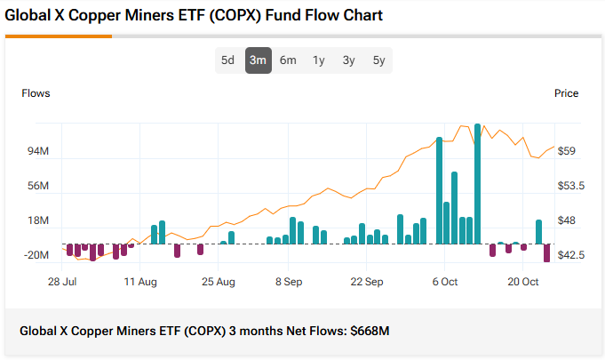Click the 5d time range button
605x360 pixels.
pyautogui.click(x=227, y=60)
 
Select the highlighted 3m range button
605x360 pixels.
pyautogui.click(x=258, y=60)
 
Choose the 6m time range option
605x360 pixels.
pyautogui.click(x=288, y=60)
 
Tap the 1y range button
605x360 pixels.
pyautogui.click(x=318, y=60)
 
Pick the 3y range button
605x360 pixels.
pyautogui.click(x=348, y=60)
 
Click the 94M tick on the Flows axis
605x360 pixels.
pyautogui.click(x=37, y=151)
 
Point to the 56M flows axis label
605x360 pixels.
pyautogui.click(x=37, y=186)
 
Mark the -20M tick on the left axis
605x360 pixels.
pyautogui.click(x=36, y=255)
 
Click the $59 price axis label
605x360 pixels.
pyautogui.click(x=566, y=151)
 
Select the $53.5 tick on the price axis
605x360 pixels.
pyautogui.click(x=569, y=186)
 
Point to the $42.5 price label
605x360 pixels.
pyautogui.click(x=569, y=255)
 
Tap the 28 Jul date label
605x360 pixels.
pyautogui.click(x=62, y=282)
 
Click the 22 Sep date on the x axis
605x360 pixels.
pyautogui.click(x=366, y=282)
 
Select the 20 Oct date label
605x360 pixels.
pyautogui.click(x=523, y=282)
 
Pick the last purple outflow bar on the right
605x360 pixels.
pyautogui.click(x=546, y=252)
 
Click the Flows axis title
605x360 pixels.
pyautogui.click(x=36, y=93)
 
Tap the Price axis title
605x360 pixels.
pyautogui.click(x=566, y=93)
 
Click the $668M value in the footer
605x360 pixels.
pyautogui.click(x=370, y=332)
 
